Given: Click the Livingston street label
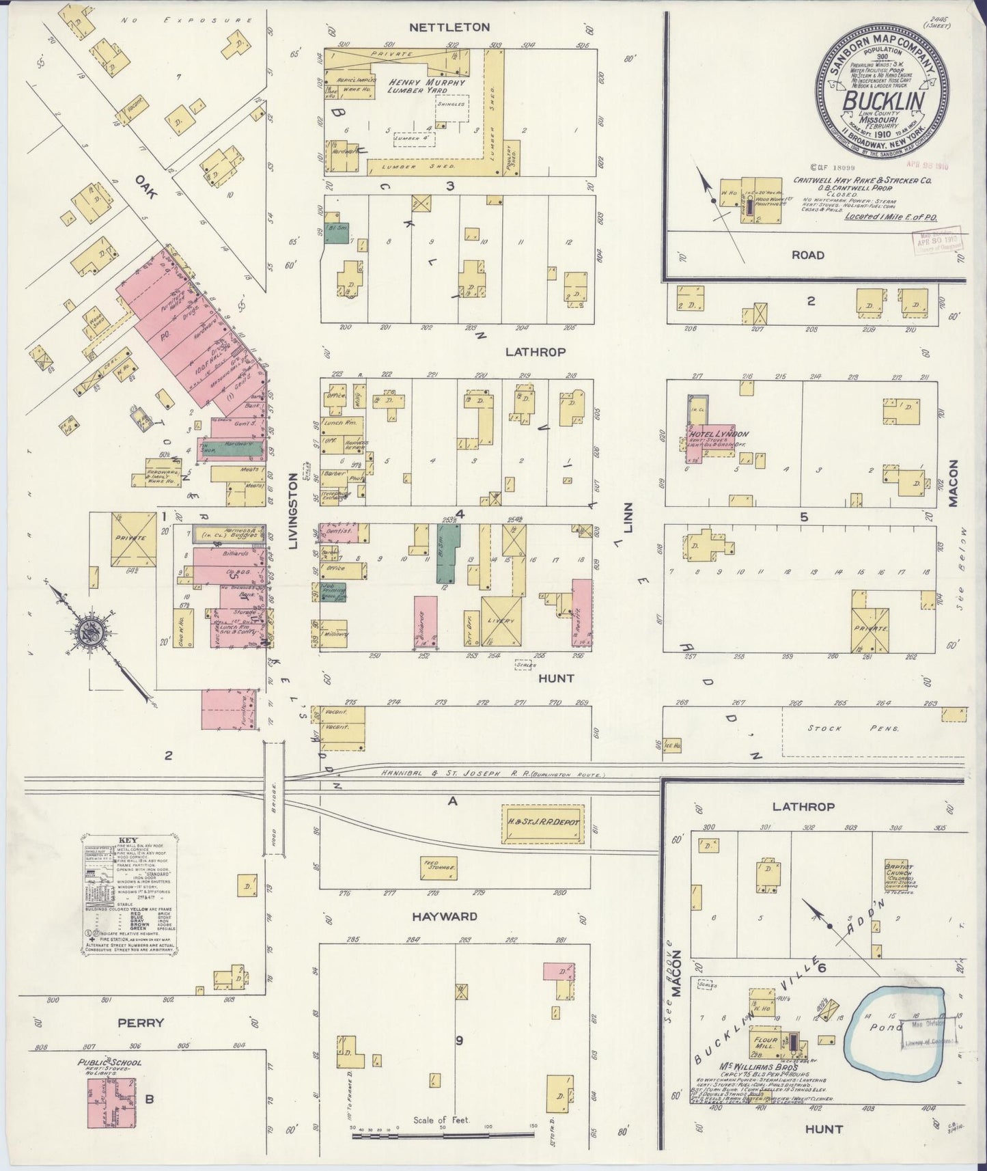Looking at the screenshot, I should [294, 510].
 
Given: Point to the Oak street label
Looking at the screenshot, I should [145, 187].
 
